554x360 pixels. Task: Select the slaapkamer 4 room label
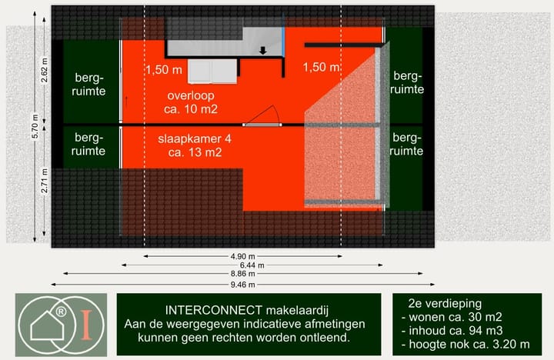point(194,146)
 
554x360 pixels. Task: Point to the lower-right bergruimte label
point(408,145)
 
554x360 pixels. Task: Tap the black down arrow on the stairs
point(263,51)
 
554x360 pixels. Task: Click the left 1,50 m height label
point(163,69)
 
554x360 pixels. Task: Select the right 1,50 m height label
point(322,68)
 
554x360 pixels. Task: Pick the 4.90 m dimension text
point(243,257)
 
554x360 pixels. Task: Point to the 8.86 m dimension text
point(243,274)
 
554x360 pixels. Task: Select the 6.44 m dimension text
point(243,265)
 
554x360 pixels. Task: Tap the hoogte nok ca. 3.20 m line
point(466,344)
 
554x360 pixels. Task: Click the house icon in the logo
point(47,328)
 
